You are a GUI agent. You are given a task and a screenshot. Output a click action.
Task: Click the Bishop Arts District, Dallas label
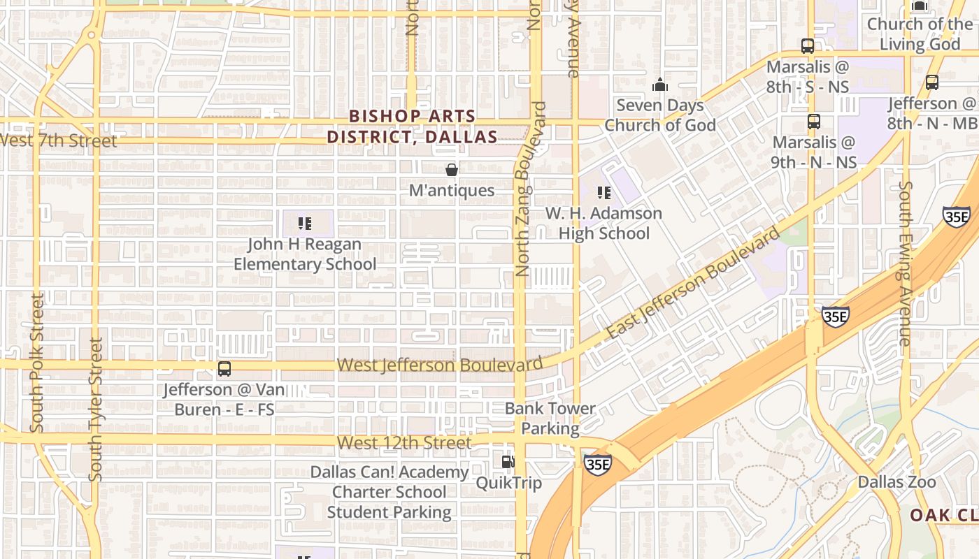pyautogui.click(x=412, y=126)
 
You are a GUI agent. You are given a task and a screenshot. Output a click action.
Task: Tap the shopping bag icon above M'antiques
pyautogui.click(x=452, y=170)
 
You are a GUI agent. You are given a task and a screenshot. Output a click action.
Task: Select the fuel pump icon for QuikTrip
pyautogui.click(x=508, y=462)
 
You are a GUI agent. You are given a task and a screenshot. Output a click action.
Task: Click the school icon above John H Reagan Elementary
pyautogui.click(x=305, y=224)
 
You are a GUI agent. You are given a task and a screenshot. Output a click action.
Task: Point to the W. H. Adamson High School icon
pyautogui.click(x=604, y=193)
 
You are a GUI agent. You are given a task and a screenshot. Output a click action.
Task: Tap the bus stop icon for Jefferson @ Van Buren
pyautogui.click(x=224, y=369)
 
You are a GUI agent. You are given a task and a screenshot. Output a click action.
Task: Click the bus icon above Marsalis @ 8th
pyautogui.click(x=808, y=47)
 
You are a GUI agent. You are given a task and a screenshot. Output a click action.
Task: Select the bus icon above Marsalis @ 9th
pyautogui.click(x=814, y=122)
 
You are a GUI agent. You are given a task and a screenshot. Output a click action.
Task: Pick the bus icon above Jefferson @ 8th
pyautogui.click(x=932, y=82)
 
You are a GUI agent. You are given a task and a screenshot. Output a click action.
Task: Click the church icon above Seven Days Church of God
pyautogui.click(x=660, y=85)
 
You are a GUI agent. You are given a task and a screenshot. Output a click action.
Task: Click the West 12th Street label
pyautogui.click(x=404, y=443)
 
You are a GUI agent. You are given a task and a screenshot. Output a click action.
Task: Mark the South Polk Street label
pyautogui.click(x=37, y=362)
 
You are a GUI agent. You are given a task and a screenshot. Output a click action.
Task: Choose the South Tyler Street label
pyautogui.click(x=96, y=409)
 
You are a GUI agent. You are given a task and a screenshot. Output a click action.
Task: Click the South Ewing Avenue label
pyautogui.click(x=906, y=263)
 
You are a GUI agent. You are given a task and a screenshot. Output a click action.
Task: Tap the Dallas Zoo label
pyautogui.click(x=896, y=482)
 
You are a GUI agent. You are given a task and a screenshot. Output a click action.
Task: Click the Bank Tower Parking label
pyautogui.click(x=550, y=418)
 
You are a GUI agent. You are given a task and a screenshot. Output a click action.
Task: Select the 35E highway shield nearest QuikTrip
pyautogui.click(x=599, y=464)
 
